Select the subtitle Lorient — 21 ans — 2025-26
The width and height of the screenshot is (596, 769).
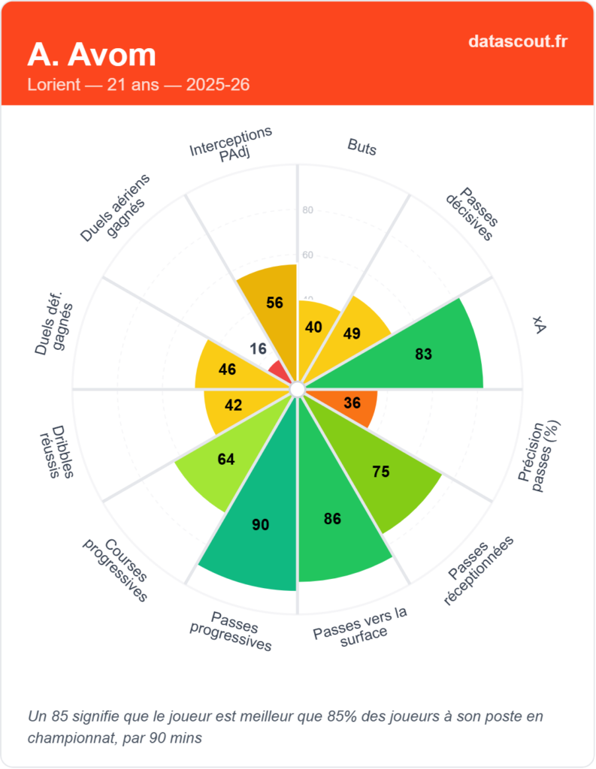138,84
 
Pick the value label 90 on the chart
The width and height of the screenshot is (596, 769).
260,525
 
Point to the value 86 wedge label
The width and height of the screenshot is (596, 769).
332,518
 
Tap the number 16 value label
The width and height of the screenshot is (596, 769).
258,348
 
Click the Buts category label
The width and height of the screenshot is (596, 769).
362,146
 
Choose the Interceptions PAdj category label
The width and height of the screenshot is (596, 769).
231,143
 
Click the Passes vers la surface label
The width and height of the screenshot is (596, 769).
361,623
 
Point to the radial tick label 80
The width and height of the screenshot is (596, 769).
307,210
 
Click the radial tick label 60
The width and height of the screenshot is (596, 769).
307,255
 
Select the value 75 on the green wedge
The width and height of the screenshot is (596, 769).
381,472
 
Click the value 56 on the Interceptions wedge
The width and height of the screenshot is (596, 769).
274,303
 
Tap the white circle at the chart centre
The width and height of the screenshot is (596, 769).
297,389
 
